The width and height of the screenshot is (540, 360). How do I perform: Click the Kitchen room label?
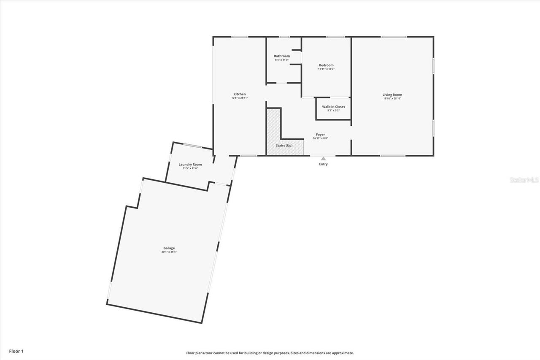pos(240,94)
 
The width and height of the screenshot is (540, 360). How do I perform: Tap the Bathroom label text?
pos(282,56)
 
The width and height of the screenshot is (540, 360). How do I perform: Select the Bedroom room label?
pos(326,65)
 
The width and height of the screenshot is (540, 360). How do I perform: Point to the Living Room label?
pos(392,95)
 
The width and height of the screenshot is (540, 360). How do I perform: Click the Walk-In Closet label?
pos(333,107)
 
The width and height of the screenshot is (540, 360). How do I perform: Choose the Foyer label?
pos(321,135)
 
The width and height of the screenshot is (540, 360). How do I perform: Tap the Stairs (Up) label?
pos(284,146)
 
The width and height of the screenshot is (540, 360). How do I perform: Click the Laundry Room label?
pos(190,165)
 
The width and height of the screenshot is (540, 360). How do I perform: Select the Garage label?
pos(169,248)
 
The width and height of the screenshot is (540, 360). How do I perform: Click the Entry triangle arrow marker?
pos(323,159)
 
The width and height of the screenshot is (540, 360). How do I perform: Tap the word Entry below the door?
pos(323,164)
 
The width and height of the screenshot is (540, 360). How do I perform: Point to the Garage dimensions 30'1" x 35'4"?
pos(169,252)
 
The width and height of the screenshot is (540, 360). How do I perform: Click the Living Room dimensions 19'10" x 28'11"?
pos(392,98)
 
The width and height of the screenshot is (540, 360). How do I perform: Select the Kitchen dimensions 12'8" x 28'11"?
pos(240,98)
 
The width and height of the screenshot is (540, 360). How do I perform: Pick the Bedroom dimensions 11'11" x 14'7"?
pos(326,69)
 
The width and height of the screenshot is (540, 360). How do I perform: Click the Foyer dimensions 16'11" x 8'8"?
pos(321,138)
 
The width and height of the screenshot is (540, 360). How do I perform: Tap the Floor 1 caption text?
pos(16,351)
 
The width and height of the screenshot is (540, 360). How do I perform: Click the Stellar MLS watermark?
pos(524,180)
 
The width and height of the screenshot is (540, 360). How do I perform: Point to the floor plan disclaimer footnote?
pos(270,353)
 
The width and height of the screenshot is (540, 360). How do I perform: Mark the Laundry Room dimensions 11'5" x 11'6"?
pos(190,168)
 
